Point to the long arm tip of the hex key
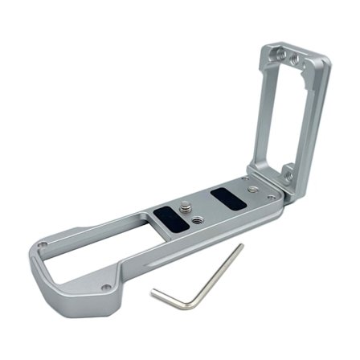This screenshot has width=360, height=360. (241, 247)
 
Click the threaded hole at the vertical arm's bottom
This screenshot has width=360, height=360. (288, 170)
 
